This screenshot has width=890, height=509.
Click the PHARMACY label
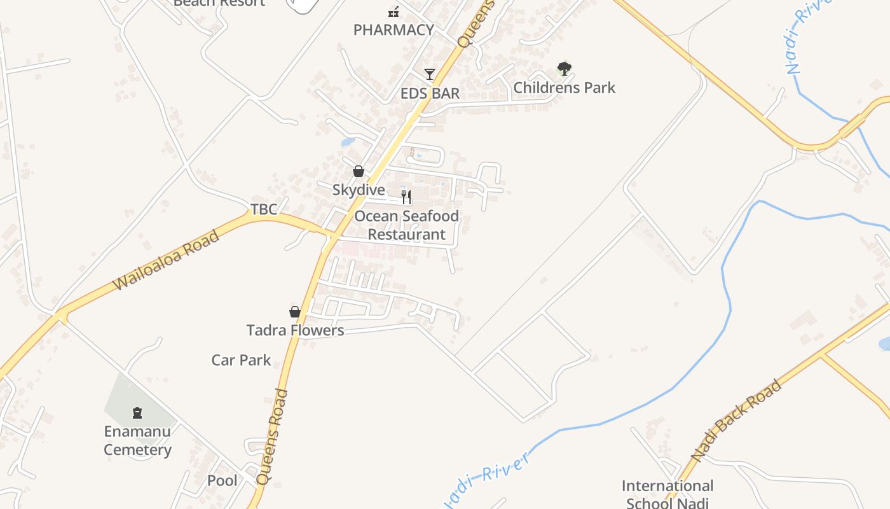394,30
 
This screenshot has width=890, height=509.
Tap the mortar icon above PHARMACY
394,11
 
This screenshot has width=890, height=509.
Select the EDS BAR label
430,94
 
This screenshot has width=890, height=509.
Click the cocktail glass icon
430,74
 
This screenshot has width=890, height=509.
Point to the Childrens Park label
565,88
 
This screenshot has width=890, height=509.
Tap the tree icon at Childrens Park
564,68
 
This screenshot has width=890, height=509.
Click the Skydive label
359,190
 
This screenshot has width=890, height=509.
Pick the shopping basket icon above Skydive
359,171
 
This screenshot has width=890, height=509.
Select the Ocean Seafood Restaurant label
407,225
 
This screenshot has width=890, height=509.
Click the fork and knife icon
406,197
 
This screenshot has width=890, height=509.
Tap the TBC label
264,209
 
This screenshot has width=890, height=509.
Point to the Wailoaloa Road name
167,260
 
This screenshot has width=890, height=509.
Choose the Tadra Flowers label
295,330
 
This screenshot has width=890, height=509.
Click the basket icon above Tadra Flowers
295,312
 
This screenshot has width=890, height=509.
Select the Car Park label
241,360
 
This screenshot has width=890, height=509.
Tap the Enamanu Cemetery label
137,441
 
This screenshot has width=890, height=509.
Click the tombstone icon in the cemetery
137,414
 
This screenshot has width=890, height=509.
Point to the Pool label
222,481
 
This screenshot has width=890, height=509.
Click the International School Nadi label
667,494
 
